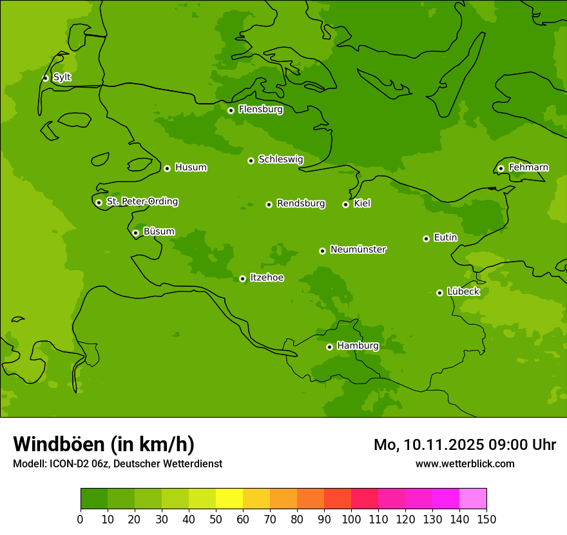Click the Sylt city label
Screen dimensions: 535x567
click(62, 77)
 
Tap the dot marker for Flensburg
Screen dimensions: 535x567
click(231, 110)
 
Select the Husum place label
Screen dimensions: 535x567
click(191, 168)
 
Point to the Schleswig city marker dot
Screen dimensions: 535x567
click(251, 160)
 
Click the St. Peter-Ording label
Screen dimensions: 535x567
click(142, 202)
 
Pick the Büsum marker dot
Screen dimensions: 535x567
click(135, 233)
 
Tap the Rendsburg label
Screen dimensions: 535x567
click(300, 204)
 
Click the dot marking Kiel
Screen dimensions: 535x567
click(345, 204)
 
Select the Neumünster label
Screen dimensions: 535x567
click(358, 249)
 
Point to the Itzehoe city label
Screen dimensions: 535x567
click(267, 278)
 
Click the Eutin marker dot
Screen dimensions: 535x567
click(426, 238)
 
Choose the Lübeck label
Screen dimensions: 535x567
click(463, 292)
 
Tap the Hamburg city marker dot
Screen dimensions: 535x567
click(329, 347)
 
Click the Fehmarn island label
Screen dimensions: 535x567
click(528, 168)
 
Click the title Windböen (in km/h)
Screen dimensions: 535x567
click(104, 444)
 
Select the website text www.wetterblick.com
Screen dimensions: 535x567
click(465, 463)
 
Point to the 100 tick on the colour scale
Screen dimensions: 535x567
click(351, 519)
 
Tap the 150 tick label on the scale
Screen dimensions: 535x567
click(486, 519)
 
